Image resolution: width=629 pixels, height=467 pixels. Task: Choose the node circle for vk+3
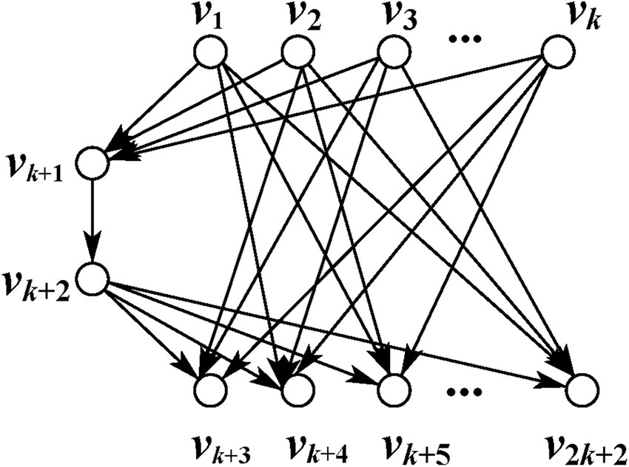point(210,389)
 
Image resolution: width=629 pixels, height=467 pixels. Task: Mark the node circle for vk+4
point(296,389)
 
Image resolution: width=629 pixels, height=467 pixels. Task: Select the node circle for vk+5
point(393,389)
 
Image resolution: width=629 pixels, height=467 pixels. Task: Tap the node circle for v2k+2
point(582,389)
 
